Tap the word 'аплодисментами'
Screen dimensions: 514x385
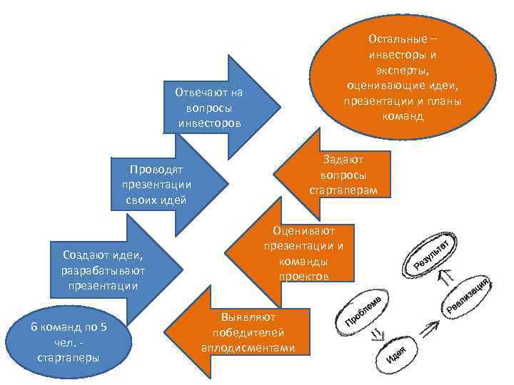click(248, 349)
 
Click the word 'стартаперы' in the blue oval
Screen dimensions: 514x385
click(69, 356)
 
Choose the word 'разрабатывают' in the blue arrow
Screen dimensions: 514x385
click(104, 270)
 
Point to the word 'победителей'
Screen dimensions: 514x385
click(248, 332)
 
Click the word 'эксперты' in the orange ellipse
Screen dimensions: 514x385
click(403, 69)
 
